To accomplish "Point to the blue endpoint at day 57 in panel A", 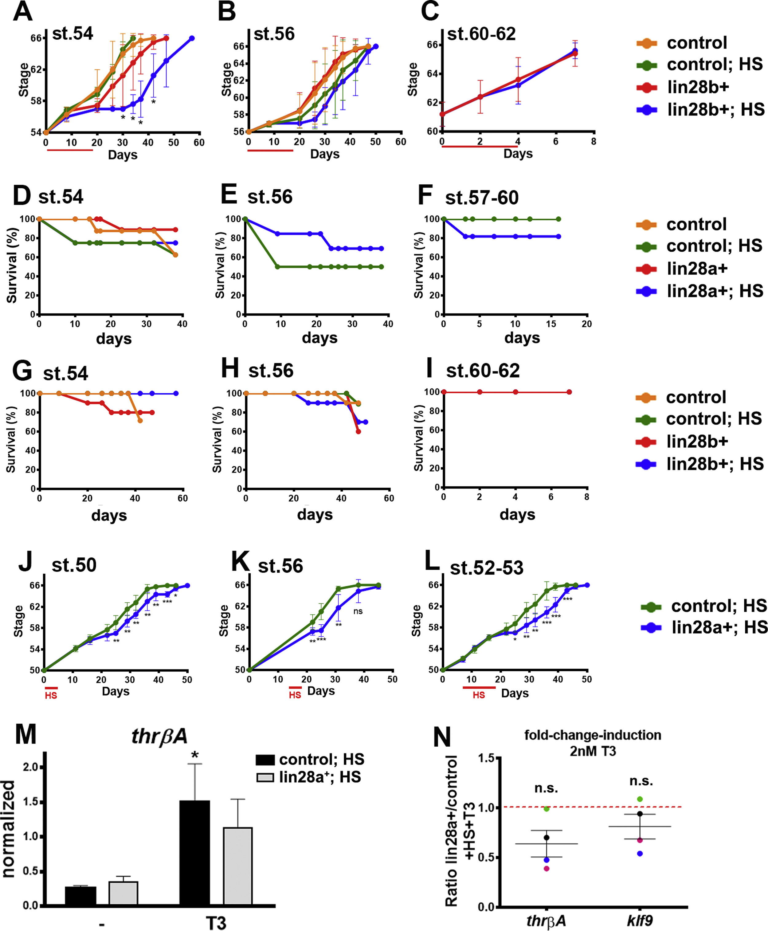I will (x=192, y=38).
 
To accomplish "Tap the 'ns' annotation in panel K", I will (x=358, y=611).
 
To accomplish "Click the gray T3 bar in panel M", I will (x=237, y=866).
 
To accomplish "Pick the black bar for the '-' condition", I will (x=80, y=896).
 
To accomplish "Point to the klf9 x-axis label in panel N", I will (x=640, y=921).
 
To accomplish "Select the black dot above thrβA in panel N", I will (x=547, y=838).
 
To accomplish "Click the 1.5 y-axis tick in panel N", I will (x=486, y=758).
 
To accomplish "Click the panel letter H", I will (x=230, y=369).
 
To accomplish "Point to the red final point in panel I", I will (x=569, y=392).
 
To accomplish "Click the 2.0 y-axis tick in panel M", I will (x=30, y=767).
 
